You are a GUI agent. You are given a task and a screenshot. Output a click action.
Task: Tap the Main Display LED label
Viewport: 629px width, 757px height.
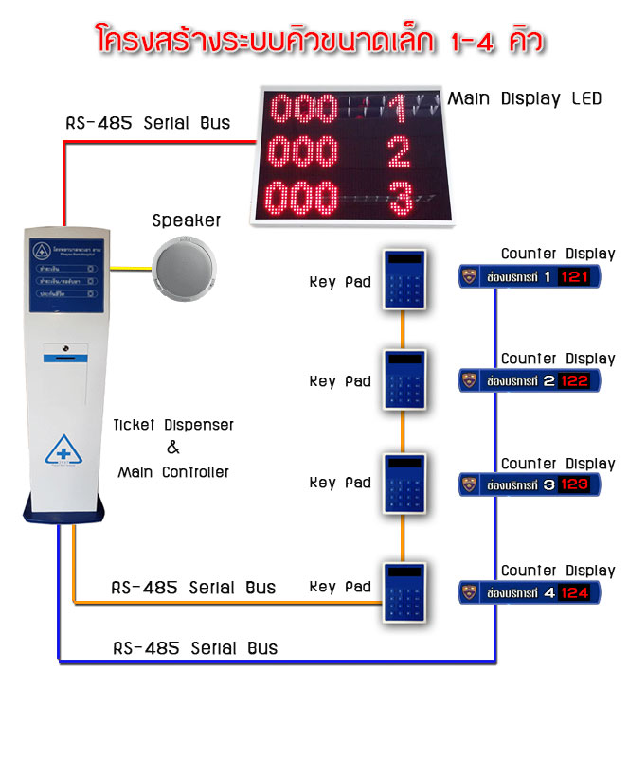click(524, 98)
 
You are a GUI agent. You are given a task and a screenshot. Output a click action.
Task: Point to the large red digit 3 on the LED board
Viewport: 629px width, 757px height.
click(400, 199)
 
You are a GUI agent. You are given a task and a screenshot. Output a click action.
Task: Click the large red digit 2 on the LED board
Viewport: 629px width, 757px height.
click(399, 151)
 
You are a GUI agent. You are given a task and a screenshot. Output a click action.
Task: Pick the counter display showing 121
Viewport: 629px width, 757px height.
click(526, 275)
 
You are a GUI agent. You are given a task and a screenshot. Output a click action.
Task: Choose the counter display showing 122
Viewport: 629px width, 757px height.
click(526, 380)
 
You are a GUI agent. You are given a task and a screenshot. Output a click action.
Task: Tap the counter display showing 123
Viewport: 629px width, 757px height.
click(526, 484)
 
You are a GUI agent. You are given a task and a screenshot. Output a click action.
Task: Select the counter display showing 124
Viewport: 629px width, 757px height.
click(526, 592)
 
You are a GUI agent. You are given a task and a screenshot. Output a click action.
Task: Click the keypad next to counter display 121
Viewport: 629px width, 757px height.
click(406, 278)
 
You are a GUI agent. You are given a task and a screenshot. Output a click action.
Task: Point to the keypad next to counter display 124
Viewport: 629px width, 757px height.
click(406, 591)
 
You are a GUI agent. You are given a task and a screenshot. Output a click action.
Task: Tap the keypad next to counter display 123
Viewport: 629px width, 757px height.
click(406, 485)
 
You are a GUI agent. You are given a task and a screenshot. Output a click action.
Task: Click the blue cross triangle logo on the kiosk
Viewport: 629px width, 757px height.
click(71, 449)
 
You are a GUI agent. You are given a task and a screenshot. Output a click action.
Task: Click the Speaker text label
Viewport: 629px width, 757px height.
click(187, 220)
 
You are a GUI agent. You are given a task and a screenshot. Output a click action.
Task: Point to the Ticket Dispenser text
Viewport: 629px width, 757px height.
click(173, 426)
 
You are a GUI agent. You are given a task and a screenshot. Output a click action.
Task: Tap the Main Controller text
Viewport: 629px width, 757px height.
click(173, 471)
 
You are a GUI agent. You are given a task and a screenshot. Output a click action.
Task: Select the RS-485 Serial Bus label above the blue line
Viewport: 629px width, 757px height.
click(195, 648)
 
